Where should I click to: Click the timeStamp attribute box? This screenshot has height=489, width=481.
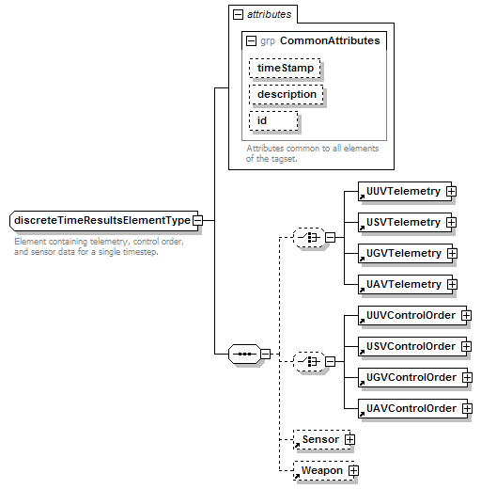(x=285, y=68)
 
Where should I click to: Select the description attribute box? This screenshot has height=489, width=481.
(x=287, y=94)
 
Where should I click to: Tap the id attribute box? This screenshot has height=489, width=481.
(x=273, y=120)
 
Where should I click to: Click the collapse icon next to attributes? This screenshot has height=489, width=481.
(x=238, y=14)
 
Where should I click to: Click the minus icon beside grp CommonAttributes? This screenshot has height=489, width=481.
(x=251, y=41)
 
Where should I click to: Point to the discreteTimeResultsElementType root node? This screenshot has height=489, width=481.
(x=104, y=221)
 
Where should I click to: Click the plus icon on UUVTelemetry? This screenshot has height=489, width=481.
(x=451, y=191)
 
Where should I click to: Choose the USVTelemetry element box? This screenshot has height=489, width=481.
(x=405, y=222)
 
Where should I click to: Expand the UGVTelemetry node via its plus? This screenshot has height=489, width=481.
(x=452, y=253)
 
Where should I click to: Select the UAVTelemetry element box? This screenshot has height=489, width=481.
(x=405, y=284)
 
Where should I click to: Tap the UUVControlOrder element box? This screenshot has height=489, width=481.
(x=412, y=315)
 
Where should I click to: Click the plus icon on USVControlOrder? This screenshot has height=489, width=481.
(x=466, y=346)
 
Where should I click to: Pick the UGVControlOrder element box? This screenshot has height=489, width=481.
(x=412, y=377)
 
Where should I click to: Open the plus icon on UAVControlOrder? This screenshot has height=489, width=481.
(x=467, y=408)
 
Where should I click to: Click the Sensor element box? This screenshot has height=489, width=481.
(x=322, y=439)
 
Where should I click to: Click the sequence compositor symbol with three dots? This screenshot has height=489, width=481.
(x=244, y=355)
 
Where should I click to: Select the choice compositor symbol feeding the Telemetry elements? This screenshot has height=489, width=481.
(x=309, y=238)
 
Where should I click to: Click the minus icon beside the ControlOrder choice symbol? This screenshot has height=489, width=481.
(x=330, y=362)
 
